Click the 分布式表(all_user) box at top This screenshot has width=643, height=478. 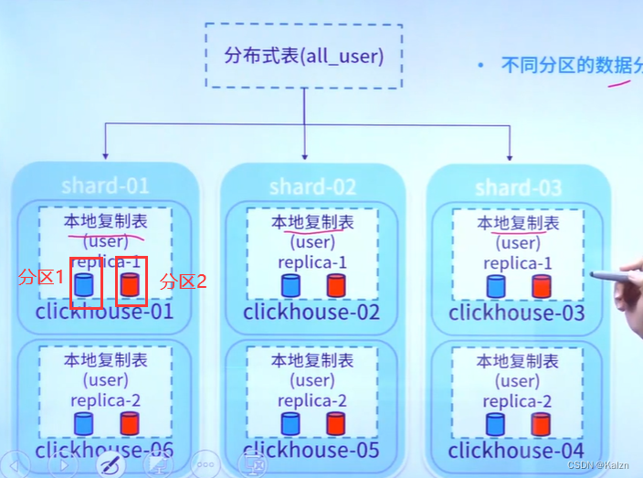(x=303, y=57)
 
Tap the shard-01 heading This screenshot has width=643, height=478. (x=105, y=186)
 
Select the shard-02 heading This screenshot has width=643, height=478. (x=312, y=187)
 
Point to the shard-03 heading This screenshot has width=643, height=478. (x=518, y=188)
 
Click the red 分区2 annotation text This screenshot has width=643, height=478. (x=183, y=281)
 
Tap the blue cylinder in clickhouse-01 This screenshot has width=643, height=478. (x=84, y=285)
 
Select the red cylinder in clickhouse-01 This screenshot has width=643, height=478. (x=130, y=285)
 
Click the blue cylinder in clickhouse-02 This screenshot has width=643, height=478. (x=290, y=285)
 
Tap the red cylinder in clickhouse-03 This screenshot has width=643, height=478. (x=542, y=286)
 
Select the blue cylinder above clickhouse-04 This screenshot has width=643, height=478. (x=496, y=424)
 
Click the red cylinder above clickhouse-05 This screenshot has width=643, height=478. (x=335, y=423)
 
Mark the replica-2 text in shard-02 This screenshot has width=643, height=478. (x=312, y=401)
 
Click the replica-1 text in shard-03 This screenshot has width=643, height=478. (x=518, y=263)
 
